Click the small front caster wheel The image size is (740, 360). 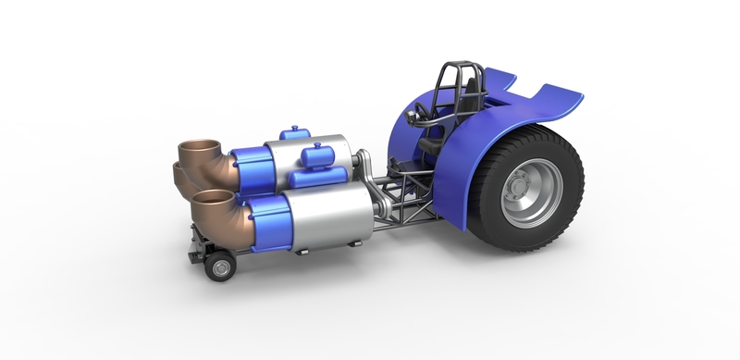point(221,268)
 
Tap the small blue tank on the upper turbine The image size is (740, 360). point(298,134)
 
